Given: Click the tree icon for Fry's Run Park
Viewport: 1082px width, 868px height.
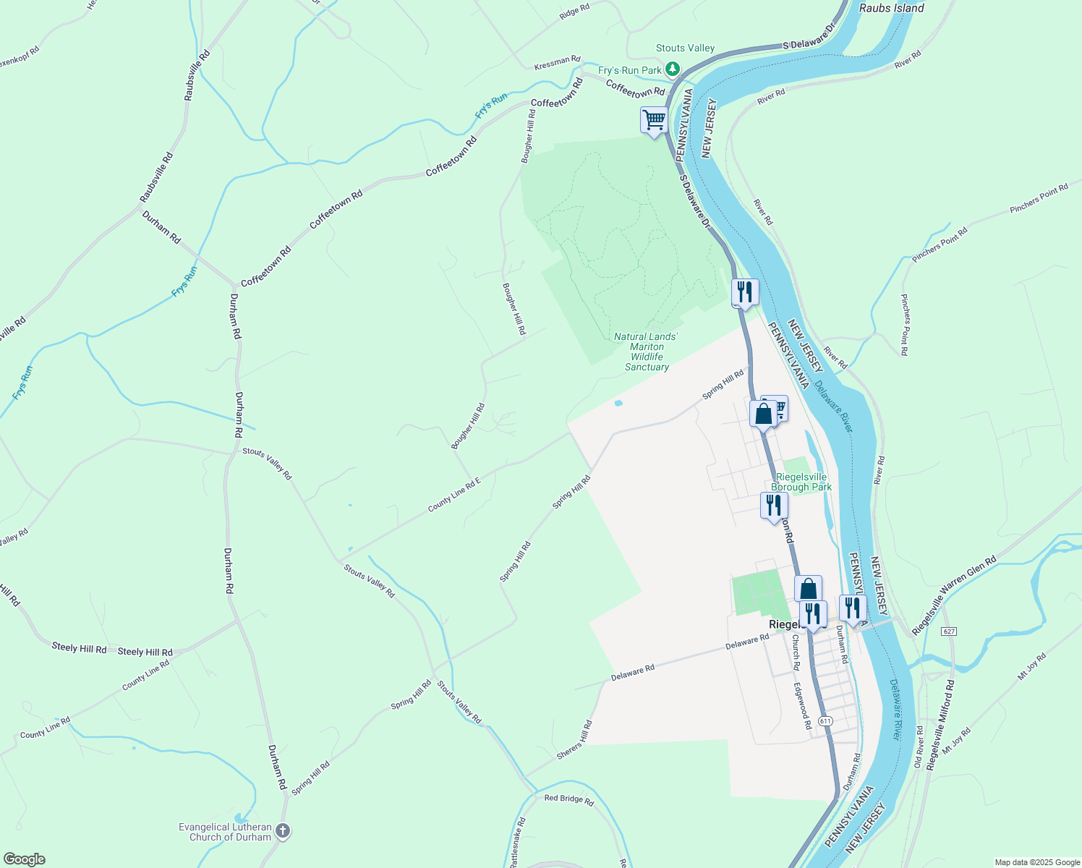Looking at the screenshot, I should point(673,69).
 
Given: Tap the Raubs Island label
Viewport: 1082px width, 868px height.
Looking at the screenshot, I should point(891,8).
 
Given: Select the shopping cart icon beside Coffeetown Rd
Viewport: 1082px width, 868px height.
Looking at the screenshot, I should point(654,119).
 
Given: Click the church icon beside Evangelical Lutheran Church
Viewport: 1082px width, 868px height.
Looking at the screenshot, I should point(283,831).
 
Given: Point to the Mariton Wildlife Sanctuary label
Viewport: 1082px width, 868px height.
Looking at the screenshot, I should point(646,352).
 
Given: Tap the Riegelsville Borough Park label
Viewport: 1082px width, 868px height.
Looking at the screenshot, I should point(801,482).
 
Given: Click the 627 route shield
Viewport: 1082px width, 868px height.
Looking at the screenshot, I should point(949,631).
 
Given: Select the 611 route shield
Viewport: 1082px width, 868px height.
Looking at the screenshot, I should point(825,721).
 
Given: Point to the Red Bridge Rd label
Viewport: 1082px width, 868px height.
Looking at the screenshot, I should point(568,800).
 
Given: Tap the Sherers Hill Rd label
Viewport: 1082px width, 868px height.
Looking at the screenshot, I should point(575,739).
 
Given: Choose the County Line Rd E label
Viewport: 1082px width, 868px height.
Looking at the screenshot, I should point(453,495).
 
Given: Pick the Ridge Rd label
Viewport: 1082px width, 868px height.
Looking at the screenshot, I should point(575,12).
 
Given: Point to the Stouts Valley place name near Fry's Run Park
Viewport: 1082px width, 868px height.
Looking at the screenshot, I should point(685,48).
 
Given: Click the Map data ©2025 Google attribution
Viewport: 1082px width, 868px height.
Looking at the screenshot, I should point(1036,861).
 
